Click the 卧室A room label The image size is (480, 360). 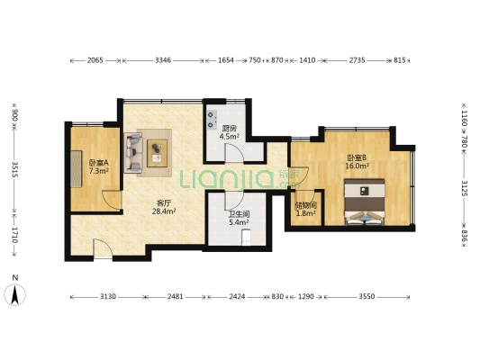click(98, 163)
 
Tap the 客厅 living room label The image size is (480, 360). click(164, 202)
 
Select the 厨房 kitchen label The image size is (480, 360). click(230, 129)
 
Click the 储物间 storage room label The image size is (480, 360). click(305, 204)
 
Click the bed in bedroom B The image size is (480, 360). click(367, 202)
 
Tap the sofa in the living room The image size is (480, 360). click(134, 150)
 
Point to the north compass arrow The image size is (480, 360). click(14, 293)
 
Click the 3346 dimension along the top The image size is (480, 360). click(163, 60)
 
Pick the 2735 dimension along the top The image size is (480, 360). click(357, 60)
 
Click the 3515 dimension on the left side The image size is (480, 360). click(14, 171)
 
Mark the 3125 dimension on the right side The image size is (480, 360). click(465, 188)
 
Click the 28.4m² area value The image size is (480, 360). click(164, 211)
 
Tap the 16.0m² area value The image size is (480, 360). click(358, 166)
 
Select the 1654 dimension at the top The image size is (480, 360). click(226, 60)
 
